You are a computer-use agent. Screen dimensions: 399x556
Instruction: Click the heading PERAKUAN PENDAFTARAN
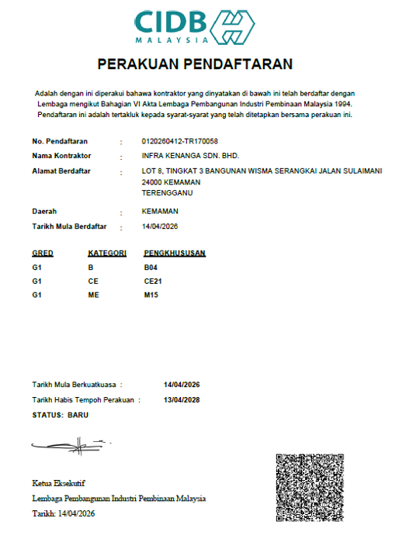pyautogui.click(x=195, y=64)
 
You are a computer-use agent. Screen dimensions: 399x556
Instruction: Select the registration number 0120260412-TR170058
pyautogui.click(x=180, y=141)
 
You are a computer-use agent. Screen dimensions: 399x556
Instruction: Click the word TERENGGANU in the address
pyautogui.click(x=168, y=192)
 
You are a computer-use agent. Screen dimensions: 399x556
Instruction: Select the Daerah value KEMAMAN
pyautogui.click(x=161, y=211)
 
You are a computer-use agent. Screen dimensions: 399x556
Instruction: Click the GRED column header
pyautogui.click(x=43, y=254)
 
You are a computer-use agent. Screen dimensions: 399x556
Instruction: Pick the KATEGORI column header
pyautogui.click(x=107, y=254)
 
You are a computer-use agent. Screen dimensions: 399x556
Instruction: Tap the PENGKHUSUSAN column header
pyautogui.click(x=175, y=254)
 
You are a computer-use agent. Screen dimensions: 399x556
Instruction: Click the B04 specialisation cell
pyautogui.click(x=151, y=268)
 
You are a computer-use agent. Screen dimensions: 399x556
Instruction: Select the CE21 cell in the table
pyautogui.click(x=153, y=281)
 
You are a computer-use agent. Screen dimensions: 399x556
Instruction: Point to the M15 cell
pyautogui.click(x=151, y=295)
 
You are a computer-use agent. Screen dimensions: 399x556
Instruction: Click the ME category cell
pyautogui.click(x=94, y=295)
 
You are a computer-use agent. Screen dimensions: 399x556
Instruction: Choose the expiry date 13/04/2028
pyautogui.click(x=182, y=399)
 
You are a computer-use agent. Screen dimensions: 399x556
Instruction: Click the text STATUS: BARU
pyautogui.click(x=61, y=415)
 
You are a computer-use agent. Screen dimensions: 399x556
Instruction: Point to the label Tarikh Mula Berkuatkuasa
pyautogui.click(x=73, y=385)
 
